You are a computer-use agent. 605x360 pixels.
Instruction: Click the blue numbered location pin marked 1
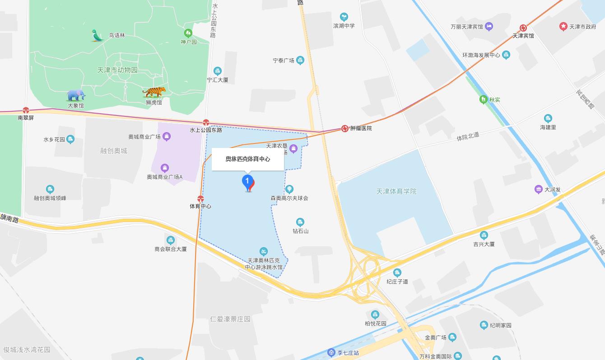point(247,182)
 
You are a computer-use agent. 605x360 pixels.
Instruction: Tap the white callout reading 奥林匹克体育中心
point(248,159)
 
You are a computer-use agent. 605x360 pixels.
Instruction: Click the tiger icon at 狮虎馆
point(154,92)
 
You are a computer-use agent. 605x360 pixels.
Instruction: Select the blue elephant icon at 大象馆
point(76,95)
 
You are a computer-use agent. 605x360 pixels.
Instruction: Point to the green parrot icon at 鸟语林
point(97,35)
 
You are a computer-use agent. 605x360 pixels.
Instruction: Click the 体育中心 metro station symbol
point(200,199)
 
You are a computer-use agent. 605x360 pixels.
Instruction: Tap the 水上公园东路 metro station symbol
point(206,122)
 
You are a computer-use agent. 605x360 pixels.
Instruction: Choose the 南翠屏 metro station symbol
point(26,110)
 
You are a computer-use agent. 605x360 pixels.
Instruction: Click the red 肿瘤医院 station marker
point(345,129)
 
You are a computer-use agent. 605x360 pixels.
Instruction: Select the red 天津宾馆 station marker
point(523,28)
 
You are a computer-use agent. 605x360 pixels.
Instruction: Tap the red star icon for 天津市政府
point(563,27)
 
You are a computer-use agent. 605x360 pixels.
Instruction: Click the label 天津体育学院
point(396,191)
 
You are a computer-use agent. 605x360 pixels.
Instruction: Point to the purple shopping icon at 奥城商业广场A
point(165,168)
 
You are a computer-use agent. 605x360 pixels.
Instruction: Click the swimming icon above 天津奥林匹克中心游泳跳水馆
point(264,252)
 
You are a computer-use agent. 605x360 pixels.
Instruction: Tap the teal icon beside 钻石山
point(300,222)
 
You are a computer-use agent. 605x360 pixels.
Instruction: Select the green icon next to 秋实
point(483,100)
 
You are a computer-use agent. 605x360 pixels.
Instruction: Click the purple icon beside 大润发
point(538,189)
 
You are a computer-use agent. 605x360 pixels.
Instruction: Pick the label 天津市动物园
point(117,70)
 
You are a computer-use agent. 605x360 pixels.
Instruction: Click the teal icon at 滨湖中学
point(344,17)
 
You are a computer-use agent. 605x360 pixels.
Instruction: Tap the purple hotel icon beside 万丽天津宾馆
point(489,27)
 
